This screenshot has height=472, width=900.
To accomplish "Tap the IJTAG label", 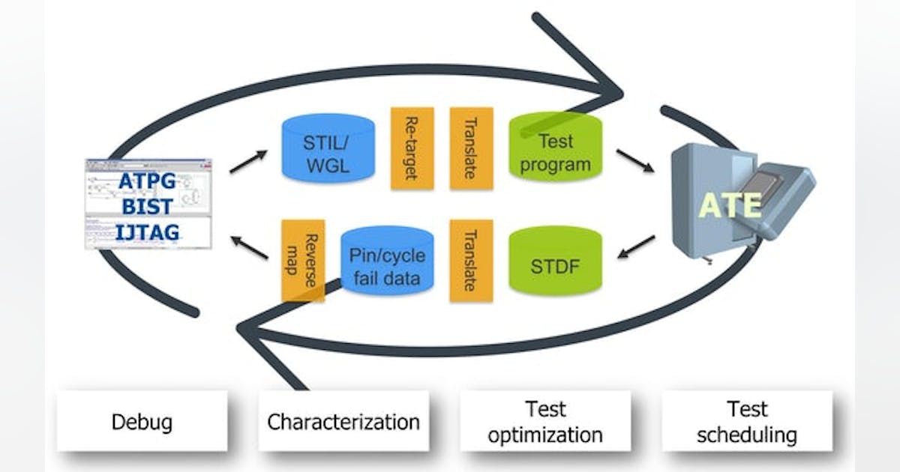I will [148, 233].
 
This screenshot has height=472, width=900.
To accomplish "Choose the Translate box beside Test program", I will [471, 148].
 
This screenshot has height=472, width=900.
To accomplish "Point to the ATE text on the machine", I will [730, 204].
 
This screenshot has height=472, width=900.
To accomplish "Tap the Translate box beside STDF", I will [471, 261].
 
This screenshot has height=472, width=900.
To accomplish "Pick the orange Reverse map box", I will [303, 260].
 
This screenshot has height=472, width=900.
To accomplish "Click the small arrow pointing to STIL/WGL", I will [248, 161].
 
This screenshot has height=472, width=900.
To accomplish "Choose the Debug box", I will [142, 422].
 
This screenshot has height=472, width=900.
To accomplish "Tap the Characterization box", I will [343, 422].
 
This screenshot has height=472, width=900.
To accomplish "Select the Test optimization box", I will [544, 422].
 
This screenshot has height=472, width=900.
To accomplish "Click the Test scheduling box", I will [747, 422].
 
